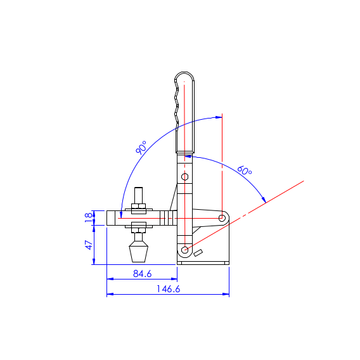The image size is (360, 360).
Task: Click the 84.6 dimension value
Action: pos(143,274)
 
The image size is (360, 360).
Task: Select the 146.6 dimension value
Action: pos(169,289)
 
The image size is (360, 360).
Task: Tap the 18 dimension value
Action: pos(88,217)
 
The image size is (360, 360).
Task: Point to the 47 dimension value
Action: pos(89,245)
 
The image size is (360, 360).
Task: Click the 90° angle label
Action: pos(141,148)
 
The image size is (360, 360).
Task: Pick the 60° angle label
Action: pos(245,170)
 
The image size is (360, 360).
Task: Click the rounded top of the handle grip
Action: pos(184,75)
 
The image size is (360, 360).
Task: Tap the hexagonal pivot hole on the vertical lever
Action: pos(185,177)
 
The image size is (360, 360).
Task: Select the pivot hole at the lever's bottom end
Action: pos(185,250)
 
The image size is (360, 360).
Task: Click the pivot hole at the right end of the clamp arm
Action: pos(222,218)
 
